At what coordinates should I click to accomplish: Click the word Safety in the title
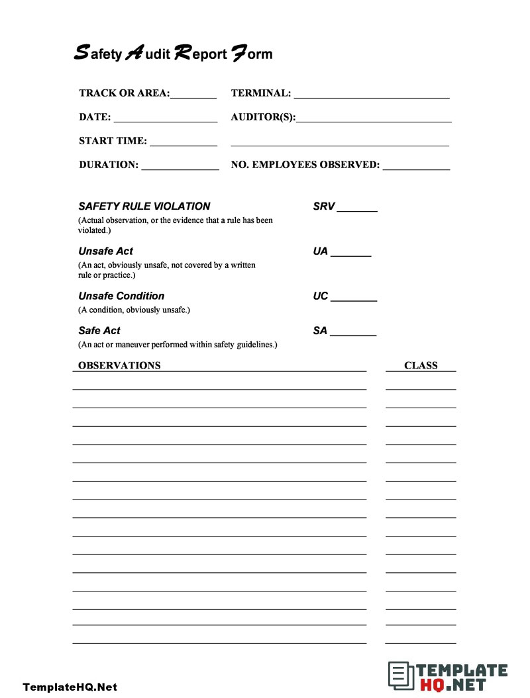pyautogui.click(x=97, y=54)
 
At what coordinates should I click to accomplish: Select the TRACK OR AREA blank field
pyautogui.click(x=193, y=95)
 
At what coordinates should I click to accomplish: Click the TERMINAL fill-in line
pyautogui.click(x=372, y=95)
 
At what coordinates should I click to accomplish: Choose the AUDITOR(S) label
pyautogui.click(x=263, y=117)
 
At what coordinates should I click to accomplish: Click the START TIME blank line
pyautogui.click(x=184, y=143)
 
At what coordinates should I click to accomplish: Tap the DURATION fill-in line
pyautogui.click(x=180, y=167)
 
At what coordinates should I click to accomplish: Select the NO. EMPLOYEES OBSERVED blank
pyautogui.click(x=416, y=167)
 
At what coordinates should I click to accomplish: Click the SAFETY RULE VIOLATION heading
pyautogui.click(x=144, y=206)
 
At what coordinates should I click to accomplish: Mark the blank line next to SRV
pyautogui.click(x=357, y=209)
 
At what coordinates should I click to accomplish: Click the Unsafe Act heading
pyautogui.click(x=105, y=251)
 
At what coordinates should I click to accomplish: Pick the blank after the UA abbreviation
pyautogui.click(x=351, y=254)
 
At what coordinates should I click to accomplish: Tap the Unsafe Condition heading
pyautogui.click(x=121, y=296)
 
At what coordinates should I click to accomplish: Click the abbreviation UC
pyautogui.click(x=321, y=296)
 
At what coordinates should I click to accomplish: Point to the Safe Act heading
pyautogui.click(x=99, y=331)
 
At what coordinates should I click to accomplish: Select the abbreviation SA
pyautogui.click(x=320, y=331)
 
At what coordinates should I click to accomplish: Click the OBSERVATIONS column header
pyautogui.click(x=119, y=365)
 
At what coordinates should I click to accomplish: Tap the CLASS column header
pyautogui.click(x=421, y=365)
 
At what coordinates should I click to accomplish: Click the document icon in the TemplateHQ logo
pyautogui.click(x=398, y=676)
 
